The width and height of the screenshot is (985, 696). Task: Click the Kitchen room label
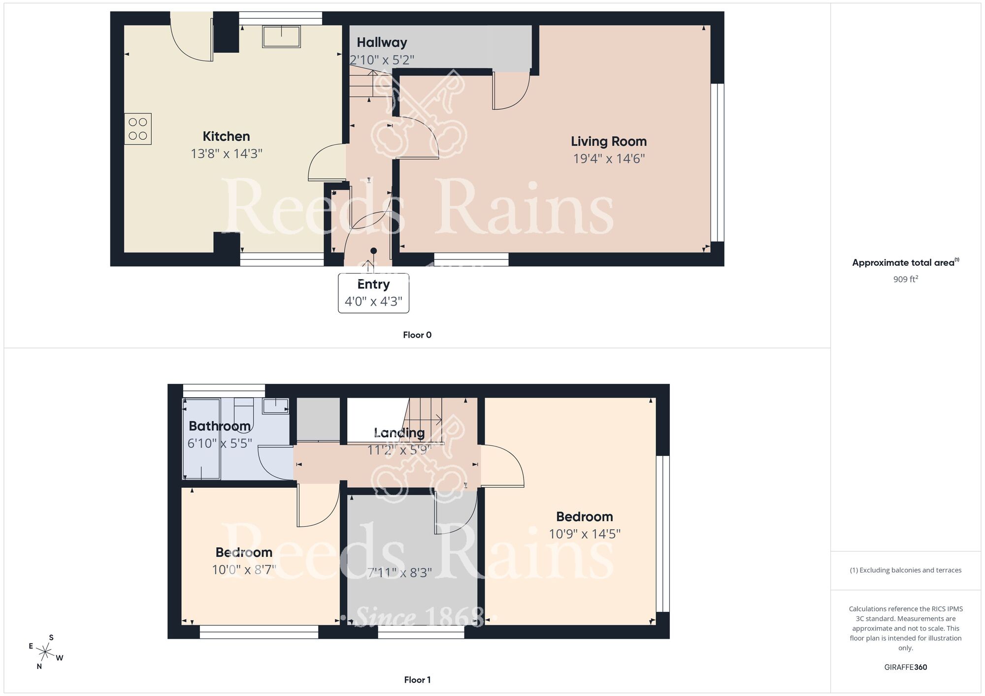[226, 136]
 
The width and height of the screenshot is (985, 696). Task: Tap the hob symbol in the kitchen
[138, 129]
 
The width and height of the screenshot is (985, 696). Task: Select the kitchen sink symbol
[281, 36]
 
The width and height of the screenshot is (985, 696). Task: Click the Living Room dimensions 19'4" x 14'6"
[609, 158]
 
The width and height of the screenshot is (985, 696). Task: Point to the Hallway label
[382, 42]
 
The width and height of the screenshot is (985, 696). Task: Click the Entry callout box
[373, 293]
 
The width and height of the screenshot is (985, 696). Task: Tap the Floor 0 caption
[417, 335]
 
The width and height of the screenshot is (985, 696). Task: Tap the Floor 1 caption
[417, 680]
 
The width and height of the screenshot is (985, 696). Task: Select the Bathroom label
[220, 426]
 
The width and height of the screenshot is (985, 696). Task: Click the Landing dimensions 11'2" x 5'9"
[399, 449]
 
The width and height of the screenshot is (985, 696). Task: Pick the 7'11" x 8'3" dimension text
[399, 572]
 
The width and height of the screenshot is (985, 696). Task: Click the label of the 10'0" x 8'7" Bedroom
[244, 552]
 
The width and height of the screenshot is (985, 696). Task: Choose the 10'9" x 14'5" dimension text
[585, 534]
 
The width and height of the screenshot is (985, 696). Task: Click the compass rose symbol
[45, 653]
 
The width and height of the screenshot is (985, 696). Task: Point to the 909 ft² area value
[905, 279]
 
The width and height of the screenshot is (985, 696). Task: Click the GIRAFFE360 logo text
[905, 667]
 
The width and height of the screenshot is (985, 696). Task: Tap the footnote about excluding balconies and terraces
[905, 570]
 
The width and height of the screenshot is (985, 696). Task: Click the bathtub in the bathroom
[201, 439]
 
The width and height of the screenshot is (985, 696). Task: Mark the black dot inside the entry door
[373, 251]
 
